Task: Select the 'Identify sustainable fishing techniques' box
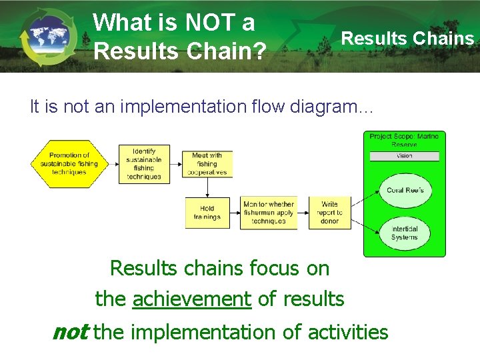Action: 144,164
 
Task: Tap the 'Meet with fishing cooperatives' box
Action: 207,164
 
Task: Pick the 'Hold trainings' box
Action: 207,213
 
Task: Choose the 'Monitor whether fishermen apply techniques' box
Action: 268,213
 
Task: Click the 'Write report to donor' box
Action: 329,213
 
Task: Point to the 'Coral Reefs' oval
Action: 405,190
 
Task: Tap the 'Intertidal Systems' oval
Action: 404,233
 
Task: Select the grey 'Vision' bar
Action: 404,156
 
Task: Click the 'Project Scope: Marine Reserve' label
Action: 404,140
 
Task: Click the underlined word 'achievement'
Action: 192,299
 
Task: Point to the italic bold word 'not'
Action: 70,331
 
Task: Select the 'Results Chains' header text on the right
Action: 407,38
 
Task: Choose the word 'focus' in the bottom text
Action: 271,268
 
